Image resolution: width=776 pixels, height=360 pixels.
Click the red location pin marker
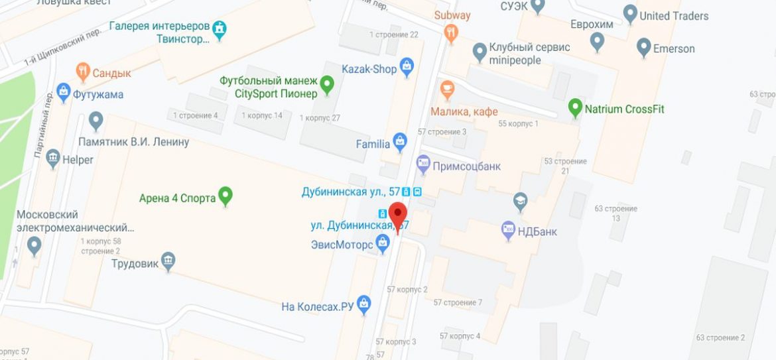point(397,215)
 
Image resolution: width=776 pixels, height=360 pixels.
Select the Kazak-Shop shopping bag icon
point(407,67)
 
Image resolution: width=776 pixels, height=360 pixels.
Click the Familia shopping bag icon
point(399,141)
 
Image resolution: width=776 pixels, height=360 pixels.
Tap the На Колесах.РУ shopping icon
point(363,304)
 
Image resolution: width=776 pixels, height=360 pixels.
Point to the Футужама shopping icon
point(64,92)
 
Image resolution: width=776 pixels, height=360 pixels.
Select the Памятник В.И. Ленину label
point(133,142)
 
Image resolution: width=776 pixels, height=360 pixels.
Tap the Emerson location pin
point(643,46)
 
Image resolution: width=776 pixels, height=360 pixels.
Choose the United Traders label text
point(674,16)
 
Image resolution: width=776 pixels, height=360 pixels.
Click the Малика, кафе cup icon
point(447,88)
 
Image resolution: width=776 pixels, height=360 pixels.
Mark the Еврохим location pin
point(598,41)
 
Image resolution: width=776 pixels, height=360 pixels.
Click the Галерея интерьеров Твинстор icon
point(220,29)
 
